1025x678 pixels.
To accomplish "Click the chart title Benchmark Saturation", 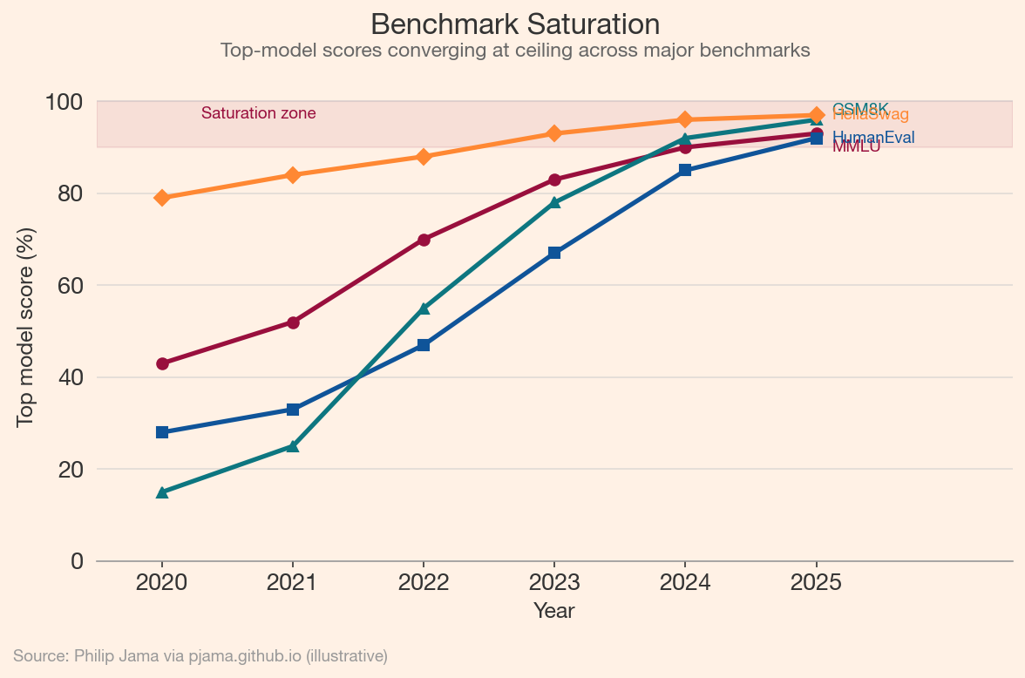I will tap(514, 24).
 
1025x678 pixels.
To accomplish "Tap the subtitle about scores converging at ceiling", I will tap(514, 51).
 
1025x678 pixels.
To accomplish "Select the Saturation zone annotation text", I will tap(258, 113).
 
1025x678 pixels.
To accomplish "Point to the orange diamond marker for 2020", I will tap(162, 198).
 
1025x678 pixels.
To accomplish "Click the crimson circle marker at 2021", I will tap(293, 322).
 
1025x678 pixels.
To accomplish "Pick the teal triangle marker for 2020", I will tap(162, 492).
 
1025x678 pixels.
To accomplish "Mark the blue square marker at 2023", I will tap(554, 253).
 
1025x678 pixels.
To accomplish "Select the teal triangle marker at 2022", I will tap(424, 308).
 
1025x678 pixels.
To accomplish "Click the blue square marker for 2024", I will tap(685, 170).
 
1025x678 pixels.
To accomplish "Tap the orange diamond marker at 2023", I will tap(554, 133).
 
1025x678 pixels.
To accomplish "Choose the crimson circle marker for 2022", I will tap(424, 240).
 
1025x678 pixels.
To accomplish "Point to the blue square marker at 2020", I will tap(162, 432).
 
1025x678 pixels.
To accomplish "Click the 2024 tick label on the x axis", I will tap(685, 582).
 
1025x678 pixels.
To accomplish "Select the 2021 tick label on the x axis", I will tap(293, 582).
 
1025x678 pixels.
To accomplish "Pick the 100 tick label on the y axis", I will tap(64, 102).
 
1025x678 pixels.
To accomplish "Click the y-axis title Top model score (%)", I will tap(26, 327).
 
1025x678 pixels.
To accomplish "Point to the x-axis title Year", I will tap(554, 611).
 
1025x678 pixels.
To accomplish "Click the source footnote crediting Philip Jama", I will tap(200, 656).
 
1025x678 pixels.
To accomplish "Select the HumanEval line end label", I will tap(873, 138).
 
